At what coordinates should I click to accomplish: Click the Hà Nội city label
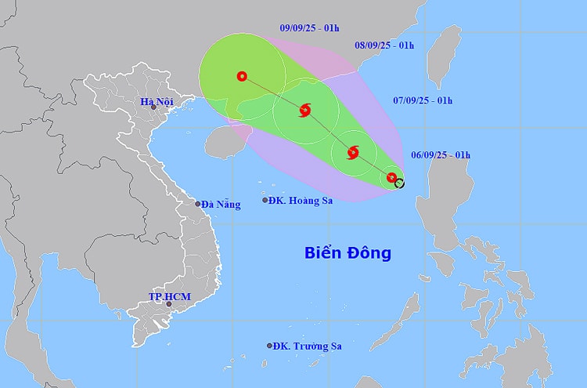tap(157, 102)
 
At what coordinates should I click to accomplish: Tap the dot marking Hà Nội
tap(154, 107)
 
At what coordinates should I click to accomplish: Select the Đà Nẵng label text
tap(221, 204)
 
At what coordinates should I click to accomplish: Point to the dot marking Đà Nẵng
tap(198, 204)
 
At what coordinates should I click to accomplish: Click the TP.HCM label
tap(169, 297)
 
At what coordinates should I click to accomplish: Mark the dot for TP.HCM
tap(168, 303)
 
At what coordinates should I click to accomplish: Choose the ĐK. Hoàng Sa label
tap(301, 201)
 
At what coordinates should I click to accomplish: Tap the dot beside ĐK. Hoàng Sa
tap(265, 201)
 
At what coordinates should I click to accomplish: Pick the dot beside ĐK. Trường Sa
tap(270, 346)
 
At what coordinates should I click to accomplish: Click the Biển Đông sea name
tap(348, 253)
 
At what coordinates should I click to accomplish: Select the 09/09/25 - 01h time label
tap(309, 28)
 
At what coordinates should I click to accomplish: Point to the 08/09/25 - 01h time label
tap(384, 45)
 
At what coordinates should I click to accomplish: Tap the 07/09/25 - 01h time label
tap(423, 100)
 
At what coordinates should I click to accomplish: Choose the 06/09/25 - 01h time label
tap(441, 155)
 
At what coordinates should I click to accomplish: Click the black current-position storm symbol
tap(400, 183)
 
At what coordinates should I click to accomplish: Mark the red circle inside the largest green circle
tap(242, 76)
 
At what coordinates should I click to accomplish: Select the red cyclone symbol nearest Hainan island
tap(304, 110)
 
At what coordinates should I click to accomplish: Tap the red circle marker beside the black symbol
tap(391, 178)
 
